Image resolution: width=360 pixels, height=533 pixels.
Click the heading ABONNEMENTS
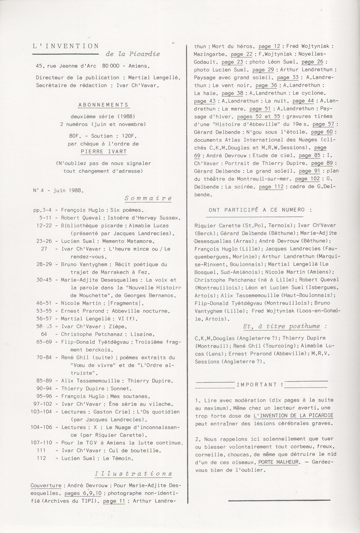(103, 105)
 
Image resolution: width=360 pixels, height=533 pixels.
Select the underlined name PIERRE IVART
(103, 151)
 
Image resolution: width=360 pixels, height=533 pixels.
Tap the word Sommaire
(148, 198)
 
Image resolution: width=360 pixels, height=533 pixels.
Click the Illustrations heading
(133, 473)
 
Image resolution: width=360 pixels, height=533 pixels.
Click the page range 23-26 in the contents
(44, 241)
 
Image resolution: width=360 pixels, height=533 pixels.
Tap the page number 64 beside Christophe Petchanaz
(44, 334)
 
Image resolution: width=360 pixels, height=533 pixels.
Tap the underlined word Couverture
(46, 486)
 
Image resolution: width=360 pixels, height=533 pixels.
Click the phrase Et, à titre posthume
(281, 327)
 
